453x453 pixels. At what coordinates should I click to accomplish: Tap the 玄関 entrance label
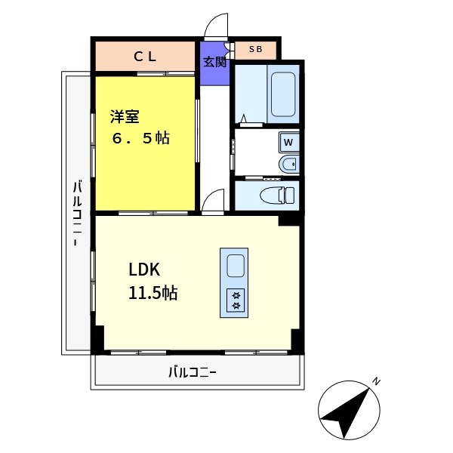(x=214, y=62)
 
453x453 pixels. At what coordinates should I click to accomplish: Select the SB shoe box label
(x=256, y=50)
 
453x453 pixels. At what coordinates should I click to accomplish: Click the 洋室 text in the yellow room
(x=124, y=116)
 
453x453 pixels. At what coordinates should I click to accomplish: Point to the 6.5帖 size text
(x=141, y=139)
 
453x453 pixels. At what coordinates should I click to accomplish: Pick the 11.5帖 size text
(x=153, y=293)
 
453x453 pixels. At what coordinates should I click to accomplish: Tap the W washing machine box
(x=289, y=140)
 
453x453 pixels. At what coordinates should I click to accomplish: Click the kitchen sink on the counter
(x=236, y=267)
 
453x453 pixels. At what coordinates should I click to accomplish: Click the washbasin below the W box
(x=288, y=163)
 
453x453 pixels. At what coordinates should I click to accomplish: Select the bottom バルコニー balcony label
(x=193, y=372)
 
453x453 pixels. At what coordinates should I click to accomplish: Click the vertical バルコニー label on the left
(x=77, y=215)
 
